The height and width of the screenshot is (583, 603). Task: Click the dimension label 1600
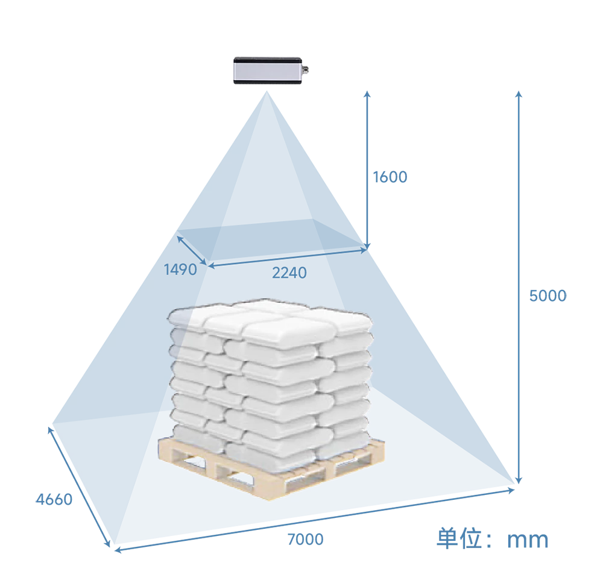click(390, 177)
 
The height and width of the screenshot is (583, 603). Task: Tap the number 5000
click(548, 296)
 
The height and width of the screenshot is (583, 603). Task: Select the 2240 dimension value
click(289, 273)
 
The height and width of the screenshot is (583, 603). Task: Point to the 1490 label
click(180, 269)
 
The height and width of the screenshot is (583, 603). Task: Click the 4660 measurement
click(54, 499)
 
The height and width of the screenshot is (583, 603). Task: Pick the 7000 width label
click(305, 539)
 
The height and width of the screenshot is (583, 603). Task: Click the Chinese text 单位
click(459, 538)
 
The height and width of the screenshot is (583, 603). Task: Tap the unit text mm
click(528, 540)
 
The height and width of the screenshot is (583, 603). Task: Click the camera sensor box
click(268, 71)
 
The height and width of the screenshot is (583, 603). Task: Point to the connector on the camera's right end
click(306, 69)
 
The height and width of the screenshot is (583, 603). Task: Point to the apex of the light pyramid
click(267, 91)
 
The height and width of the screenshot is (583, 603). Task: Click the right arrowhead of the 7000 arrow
click(513, 490)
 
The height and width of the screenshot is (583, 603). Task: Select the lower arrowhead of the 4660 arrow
click(109, 544)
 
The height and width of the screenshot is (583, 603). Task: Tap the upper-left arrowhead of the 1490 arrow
click(178, 238)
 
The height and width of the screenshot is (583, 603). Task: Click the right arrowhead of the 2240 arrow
click(365, 250)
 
